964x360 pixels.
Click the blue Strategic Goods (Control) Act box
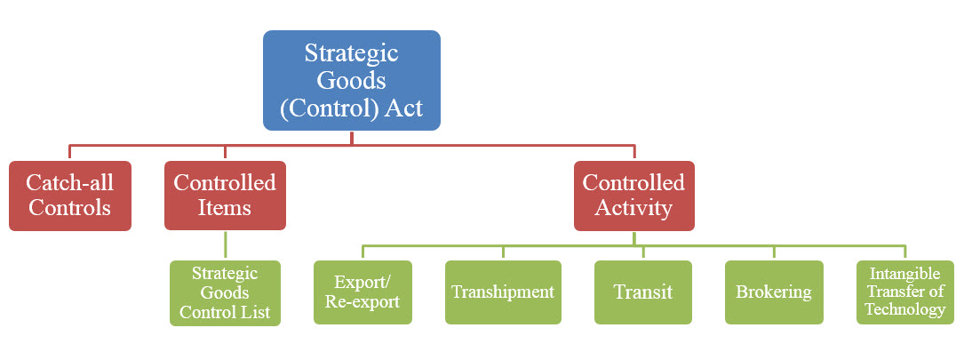tap(351, 80)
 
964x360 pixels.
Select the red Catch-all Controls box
tap(69, 196)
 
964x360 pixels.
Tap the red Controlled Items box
tap(225, 196)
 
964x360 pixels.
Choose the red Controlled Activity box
tap(633, 196)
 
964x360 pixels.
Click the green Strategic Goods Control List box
tap(225, 292)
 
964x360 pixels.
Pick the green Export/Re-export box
tap(362, 292)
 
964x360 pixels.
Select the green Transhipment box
tap(503, 292)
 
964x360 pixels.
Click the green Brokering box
tap(773, 292)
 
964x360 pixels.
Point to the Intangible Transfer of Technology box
tap(904, 292)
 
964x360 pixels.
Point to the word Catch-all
tap(69, 183)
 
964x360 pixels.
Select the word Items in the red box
tap(225, 208)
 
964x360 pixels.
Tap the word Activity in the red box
tap(633, 208)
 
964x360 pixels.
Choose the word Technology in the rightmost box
tap(904, 309)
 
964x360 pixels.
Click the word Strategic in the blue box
tap(351, 52)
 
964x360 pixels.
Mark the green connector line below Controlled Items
tap(225, 245)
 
